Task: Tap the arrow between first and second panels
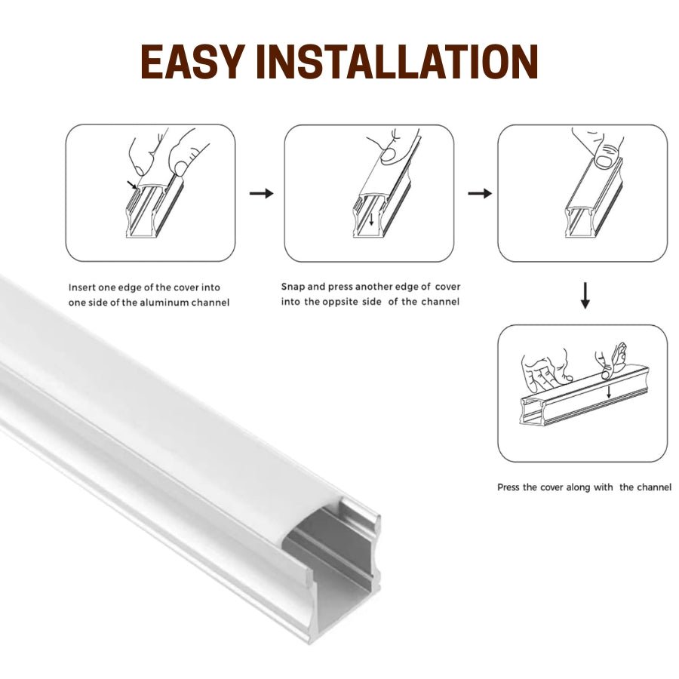pos(261,194)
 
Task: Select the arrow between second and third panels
pos(480,194)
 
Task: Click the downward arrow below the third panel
pos(585,296)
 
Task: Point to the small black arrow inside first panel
pos(134,185)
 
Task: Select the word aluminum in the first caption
pos(172,303)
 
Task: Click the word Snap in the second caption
pos(293,287)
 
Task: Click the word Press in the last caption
pos(508,487)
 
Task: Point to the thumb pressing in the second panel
pos(392,153)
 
